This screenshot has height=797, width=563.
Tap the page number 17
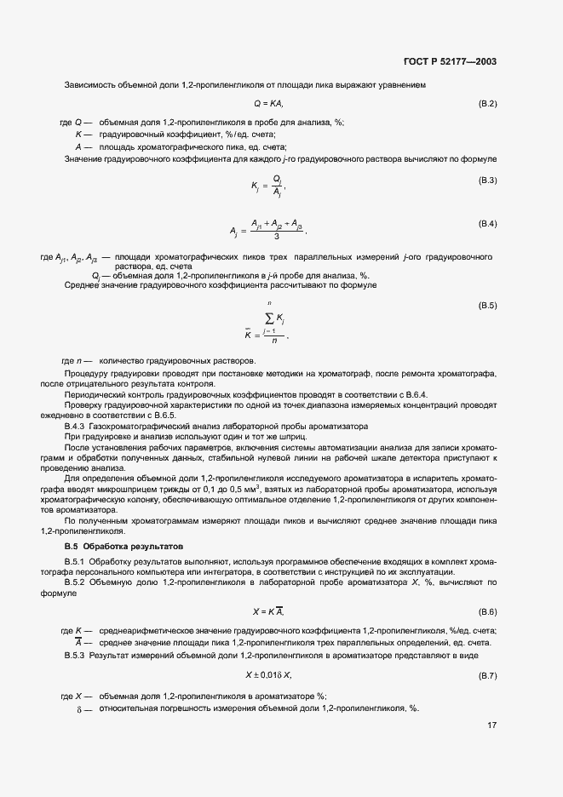[491, 726]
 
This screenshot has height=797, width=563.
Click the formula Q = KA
[268, 104]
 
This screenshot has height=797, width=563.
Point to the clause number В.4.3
[77, 425]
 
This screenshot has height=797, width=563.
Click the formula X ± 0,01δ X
[269, 675]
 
